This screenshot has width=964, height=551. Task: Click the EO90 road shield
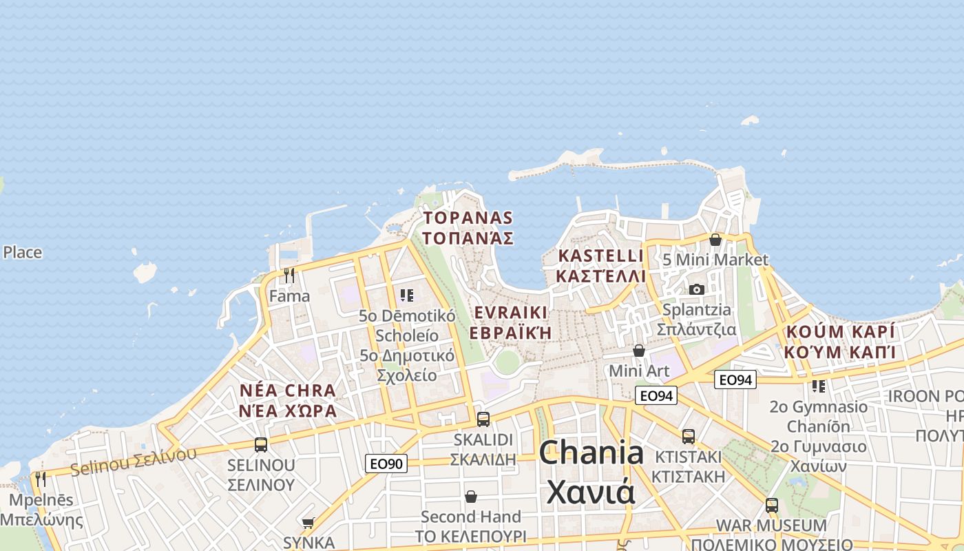(x=386, y=464)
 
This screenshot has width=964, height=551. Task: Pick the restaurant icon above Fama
(x=289, y=275)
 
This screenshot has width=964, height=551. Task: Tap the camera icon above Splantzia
(x=697, y=289)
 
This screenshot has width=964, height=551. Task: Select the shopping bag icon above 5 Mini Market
(x=715, y=240)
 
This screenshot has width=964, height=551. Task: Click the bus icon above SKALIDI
(x=483, y=419)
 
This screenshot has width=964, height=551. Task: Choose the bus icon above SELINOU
(x=261, y=445)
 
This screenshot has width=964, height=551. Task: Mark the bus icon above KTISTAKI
(x=688, y=436)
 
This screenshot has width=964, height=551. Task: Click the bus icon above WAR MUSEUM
(x=771, y=505)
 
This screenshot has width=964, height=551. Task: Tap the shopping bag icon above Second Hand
(x=471, y=497)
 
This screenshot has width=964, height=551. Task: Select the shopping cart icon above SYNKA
(x=308, y=523)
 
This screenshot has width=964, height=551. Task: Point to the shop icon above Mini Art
(x=639, y=351)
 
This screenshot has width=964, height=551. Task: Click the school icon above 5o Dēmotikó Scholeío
(x=407, y=295)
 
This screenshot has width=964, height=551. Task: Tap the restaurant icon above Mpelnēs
(x=41, y=479)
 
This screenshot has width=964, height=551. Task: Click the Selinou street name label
(x=132, y=461)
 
